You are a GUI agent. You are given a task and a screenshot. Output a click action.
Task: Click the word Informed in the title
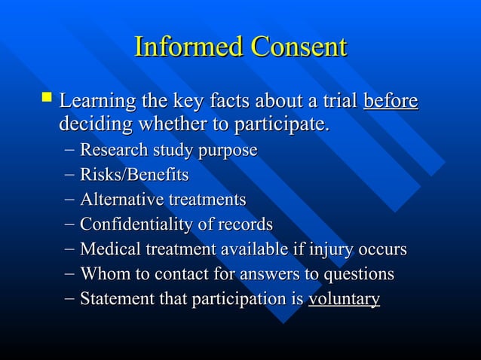point(188,47)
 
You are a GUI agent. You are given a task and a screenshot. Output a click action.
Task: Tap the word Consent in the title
point(299,47)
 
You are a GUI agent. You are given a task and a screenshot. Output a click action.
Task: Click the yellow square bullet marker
point(47,97)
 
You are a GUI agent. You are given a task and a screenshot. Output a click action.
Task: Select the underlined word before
point(391,101)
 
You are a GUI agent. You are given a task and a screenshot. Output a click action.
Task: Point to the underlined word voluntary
point(344,299)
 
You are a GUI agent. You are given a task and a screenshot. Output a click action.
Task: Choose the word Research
point(113,151)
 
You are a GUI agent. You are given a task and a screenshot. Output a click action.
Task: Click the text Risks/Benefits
point(134,175)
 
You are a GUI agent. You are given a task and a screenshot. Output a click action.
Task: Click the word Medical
point(108,249)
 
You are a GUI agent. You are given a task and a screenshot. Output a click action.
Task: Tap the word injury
point(330,249)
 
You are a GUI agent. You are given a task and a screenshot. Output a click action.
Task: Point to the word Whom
point(101,274)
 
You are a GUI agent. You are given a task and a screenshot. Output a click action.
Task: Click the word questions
point(359,274)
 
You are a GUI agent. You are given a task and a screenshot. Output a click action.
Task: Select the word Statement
point(113,299)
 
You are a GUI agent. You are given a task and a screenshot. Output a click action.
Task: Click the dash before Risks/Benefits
point(69,175)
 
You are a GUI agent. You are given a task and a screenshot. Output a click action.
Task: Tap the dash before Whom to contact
point(69,274)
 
